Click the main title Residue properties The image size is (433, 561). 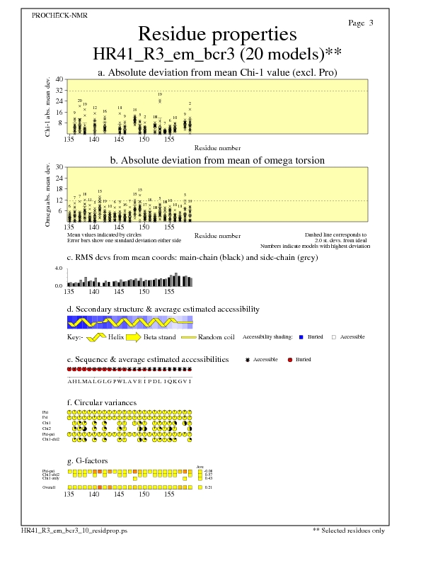[x=216, y=34]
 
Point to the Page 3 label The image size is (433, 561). [x=361, y=23]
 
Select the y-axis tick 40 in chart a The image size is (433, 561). [x=59, y=79]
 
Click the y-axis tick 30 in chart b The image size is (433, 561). [x=59, y=167]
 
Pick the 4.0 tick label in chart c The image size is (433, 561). [x=59, y=269]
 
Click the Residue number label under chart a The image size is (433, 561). [x=217, y=148]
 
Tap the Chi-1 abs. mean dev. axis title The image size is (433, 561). [x=47, y=106]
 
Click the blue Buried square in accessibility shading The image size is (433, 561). [x=301, y=337]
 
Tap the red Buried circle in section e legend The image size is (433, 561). [x=291, y=360]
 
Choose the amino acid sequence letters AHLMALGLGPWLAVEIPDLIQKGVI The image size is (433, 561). [x=129, y=381]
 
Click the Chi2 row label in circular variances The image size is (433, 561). [x=47, y=429]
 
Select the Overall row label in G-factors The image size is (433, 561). [x=49, y=487]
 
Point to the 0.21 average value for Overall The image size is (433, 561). [x=208, y=487]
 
